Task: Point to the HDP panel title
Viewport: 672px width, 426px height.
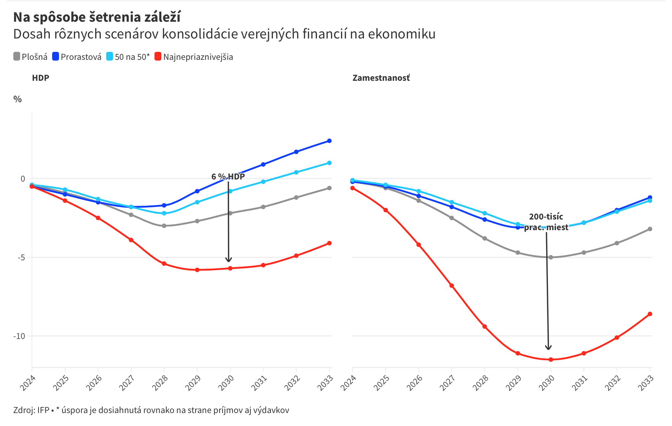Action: pos(41,78)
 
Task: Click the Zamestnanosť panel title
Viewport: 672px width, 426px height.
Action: pos(381,78)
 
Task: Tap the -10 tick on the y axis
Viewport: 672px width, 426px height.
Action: pos(19,336)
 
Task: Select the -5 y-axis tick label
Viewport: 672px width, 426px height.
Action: pos(21,258)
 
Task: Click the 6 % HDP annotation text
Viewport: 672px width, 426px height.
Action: pos(228,176)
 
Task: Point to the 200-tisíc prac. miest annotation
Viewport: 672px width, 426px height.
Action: pos(546,222)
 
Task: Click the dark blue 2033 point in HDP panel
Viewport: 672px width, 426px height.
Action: pos(329,141)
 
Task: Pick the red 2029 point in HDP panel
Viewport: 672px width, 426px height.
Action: pos(197,270)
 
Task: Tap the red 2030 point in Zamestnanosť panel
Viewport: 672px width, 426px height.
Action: pos(551,359)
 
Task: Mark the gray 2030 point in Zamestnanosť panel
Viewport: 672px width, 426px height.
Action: pos(551,257)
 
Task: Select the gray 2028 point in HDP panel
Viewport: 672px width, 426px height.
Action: pos(164,226)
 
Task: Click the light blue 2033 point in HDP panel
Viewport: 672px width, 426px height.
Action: pos(329,163)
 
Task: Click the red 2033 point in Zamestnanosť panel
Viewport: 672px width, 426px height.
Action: pos(650,314)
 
